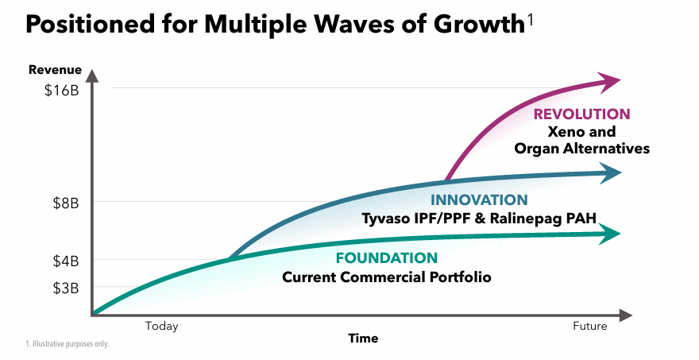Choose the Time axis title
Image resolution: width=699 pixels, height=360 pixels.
click(x=363, y=339)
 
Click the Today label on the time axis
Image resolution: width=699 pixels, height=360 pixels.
click(x=161, y=326)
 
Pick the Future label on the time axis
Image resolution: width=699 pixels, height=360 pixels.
click(x=589, y=326)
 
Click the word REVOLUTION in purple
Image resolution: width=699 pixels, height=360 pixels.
click(x=581, y=114)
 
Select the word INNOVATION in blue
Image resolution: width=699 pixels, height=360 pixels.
click(x=478, y=200)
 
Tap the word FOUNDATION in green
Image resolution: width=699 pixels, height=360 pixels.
click(x=386, y=258)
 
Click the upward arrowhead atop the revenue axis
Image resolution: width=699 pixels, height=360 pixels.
click(x=93, y=76)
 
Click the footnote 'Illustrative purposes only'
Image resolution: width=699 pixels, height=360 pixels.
click(x=68, y=344)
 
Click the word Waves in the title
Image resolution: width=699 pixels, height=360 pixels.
click(x=324, y=25)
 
